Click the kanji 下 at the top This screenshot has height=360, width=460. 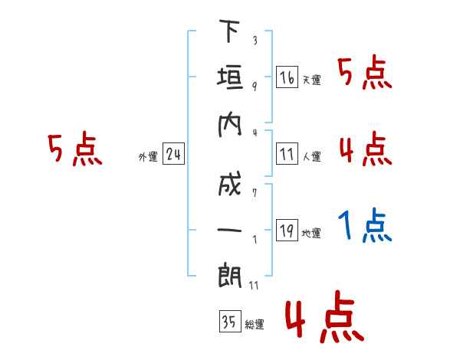tap(230, 31)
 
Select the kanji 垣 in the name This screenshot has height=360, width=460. tap(230, 77)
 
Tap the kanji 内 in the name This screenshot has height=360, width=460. tap(230, 125)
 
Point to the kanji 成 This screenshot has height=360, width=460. tap(230, 184)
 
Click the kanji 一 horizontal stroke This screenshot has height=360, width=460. tap(230, 230)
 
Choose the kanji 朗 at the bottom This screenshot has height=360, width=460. tap(230, 275)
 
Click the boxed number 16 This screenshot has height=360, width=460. tap(287, 77)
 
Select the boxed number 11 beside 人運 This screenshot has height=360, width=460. tap(287, 154)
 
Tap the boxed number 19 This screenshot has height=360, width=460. tap(287, 230)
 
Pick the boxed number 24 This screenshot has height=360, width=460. tap(173, 154)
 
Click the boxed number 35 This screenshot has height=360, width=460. tap(230, 321)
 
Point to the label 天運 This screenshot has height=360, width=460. tap(311, 80)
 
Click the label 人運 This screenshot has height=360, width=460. tap(311, 156)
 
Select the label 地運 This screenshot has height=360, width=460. tap(311, 233)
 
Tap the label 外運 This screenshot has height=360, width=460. tap(148, 157)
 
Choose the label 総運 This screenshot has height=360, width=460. tap(255, 324)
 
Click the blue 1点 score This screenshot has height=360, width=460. tap(365, 225)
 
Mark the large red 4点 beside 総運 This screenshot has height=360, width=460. tap(325, 316)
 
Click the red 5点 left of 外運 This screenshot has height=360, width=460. tap(75, 149)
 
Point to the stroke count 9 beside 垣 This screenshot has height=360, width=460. tap(255, 87)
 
